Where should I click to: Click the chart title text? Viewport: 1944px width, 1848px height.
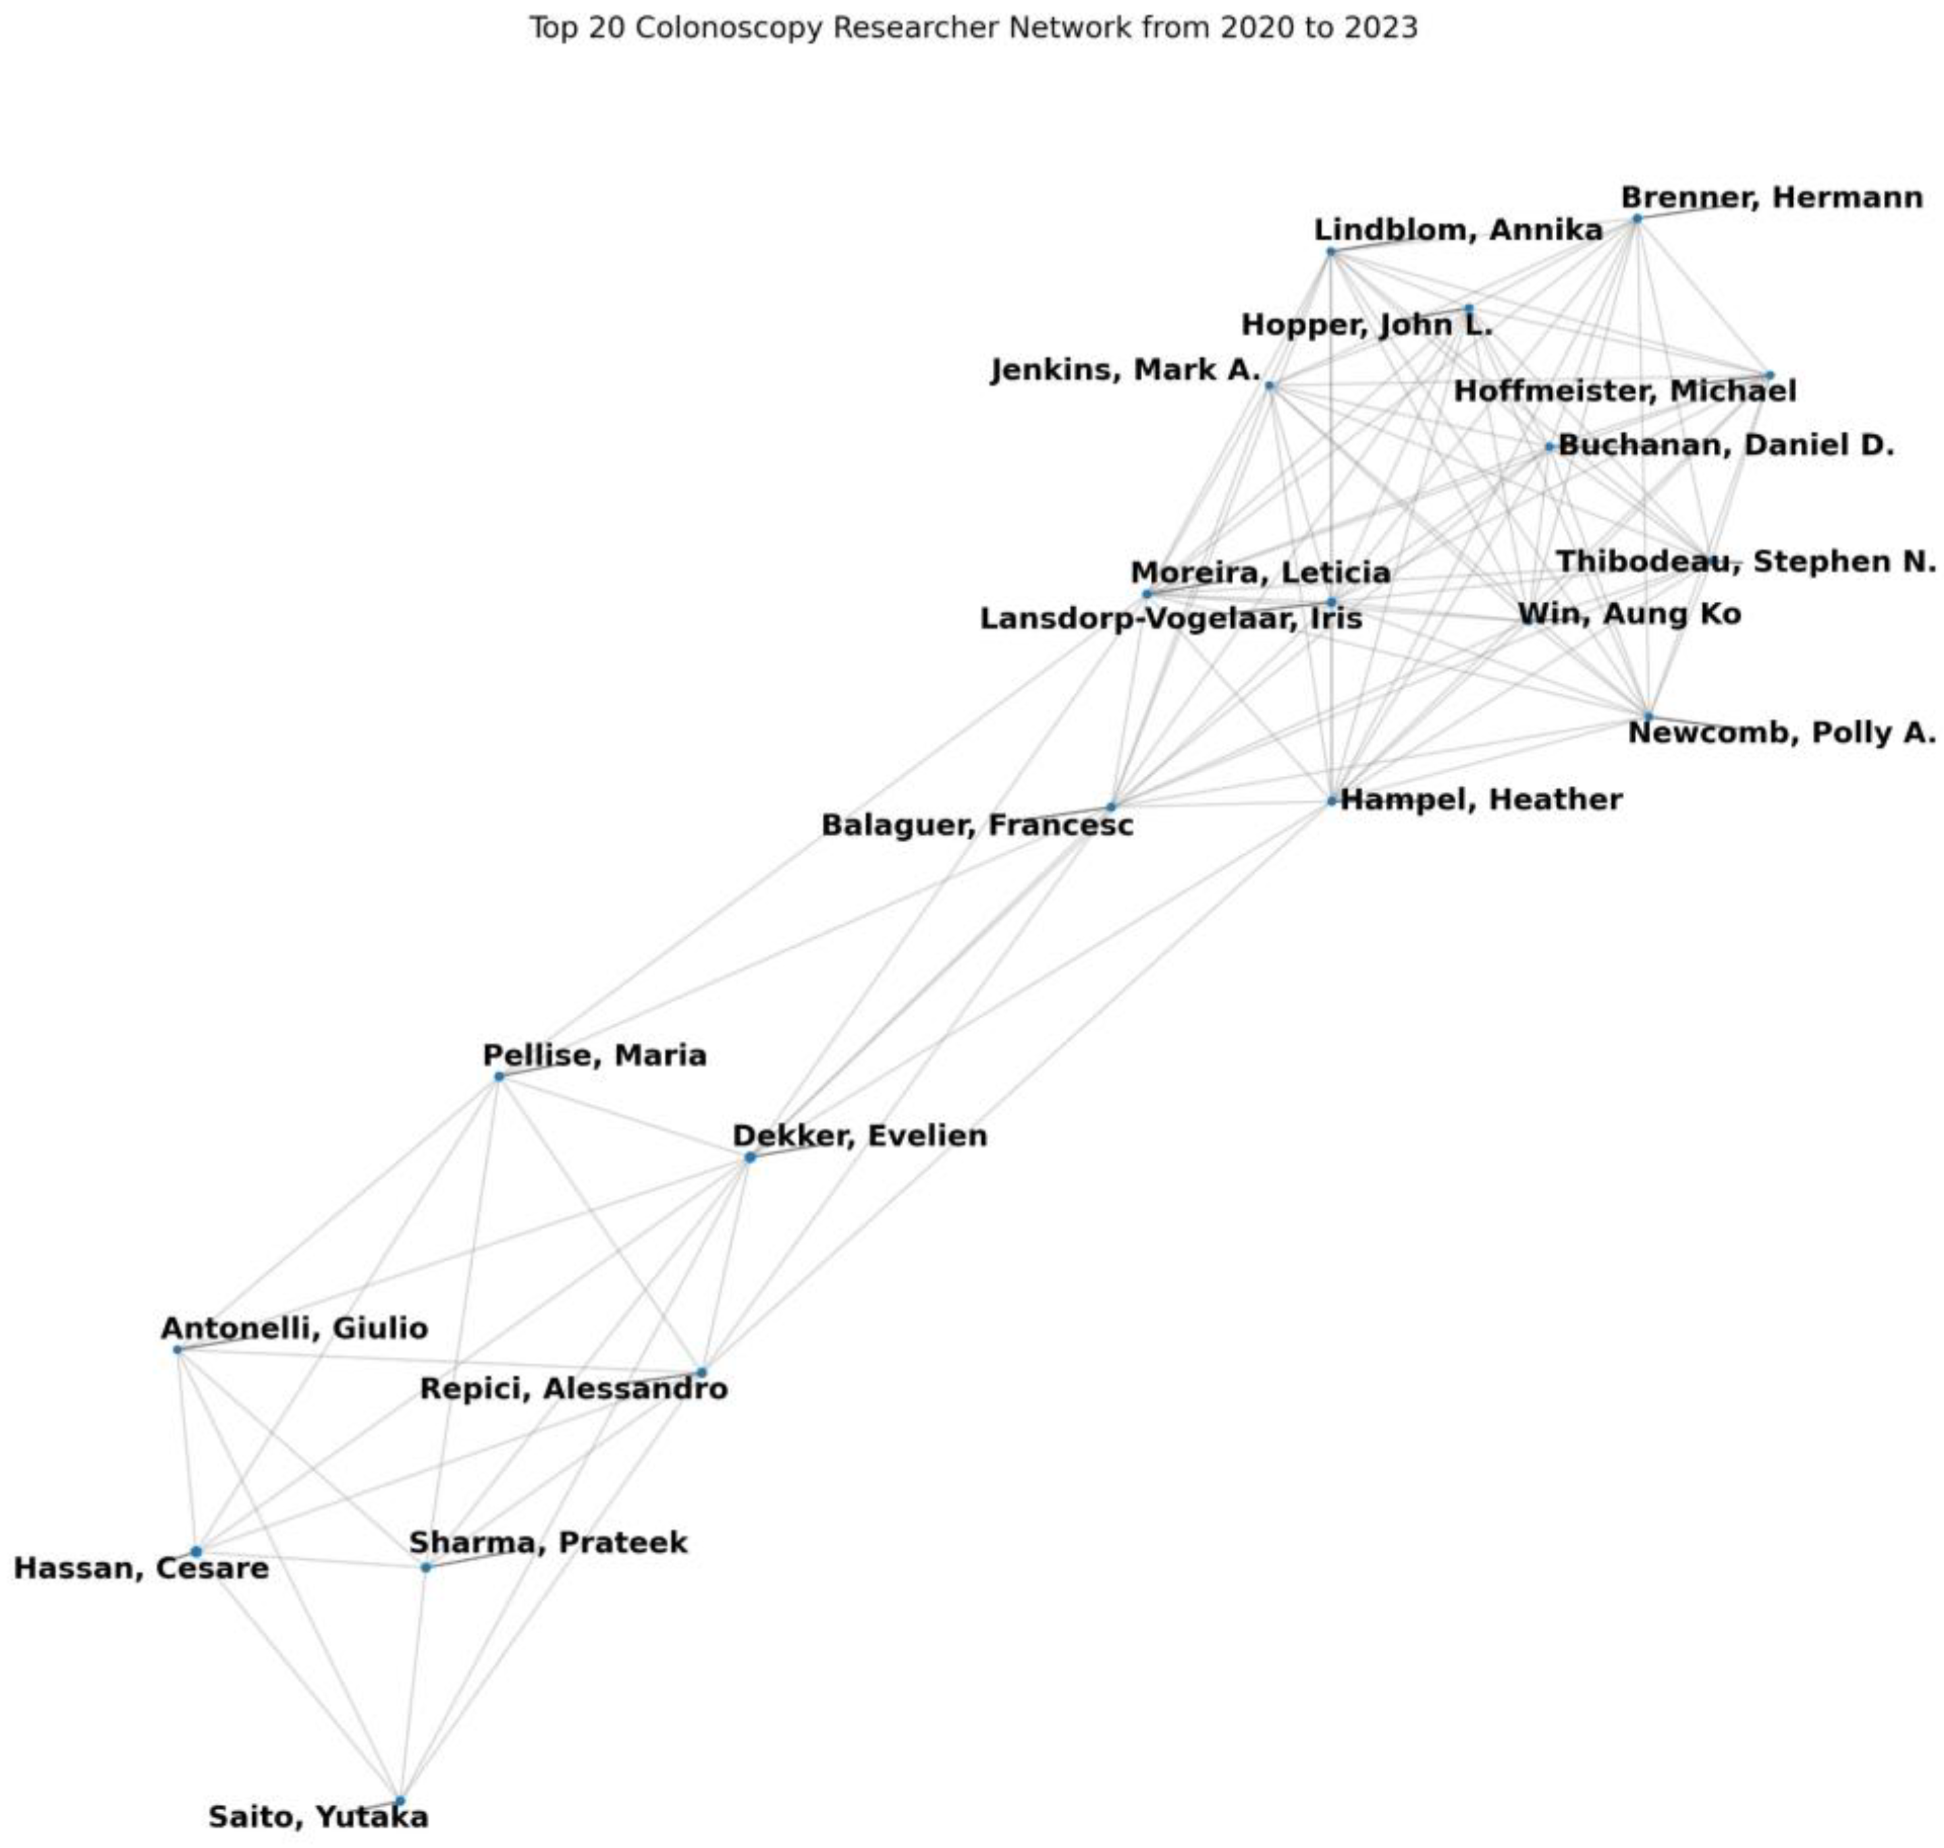(x=973, y=28)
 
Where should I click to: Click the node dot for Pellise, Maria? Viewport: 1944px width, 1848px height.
(x=499, y=1077)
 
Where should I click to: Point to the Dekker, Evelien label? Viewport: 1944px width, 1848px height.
(x=859, y=1136)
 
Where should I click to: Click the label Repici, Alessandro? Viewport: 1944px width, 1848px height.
(x=574, y=1389)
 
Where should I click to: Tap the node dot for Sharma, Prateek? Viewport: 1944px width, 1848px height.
(x=426, y=1567)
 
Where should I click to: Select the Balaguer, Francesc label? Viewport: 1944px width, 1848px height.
(x=977, y=824)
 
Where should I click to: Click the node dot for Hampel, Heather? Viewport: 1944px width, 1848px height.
(x=1331, y=801)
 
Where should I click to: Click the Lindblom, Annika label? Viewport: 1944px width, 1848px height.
(x=1458, y=231)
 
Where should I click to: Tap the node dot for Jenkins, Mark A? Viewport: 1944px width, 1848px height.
(x=1269, y=385)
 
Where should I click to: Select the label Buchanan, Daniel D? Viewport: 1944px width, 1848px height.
(x=1725, y=445)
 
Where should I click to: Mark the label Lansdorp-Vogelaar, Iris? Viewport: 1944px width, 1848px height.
(x=1170, y=619)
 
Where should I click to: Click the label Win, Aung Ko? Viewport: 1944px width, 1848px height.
(x=1629, y=614)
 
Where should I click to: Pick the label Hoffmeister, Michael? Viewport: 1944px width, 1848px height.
(x=1625, y=391)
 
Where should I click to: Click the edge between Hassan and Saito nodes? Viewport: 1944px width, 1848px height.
(x=298, y=1675)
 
